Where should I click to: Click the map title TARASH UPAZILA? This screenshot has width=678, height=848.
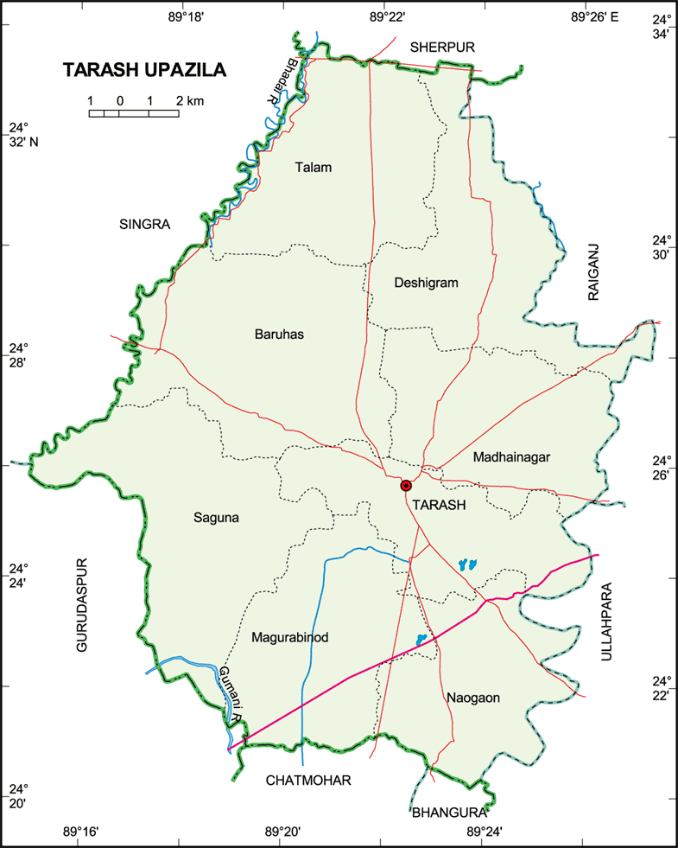click(x=144, y=71)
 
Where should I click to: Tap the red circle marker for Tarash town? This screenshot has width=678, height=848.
click(x=406, y=486)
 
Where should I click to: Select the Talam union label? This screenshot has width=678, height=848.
click(x=313, y=168)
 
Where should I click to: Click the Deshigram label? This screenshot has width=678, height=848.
click(x=426, y=283)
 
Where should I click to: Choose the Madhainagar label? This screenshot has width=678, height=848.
click(x=511, y=457)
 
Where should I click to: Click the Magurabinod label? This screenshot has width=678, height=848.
click(x=290, y=638)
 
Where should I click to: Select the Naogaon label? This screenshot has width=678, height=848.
click(x=473, y=697)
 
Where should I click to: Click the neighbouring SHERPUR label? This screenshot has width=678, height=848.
click(x=443, y=47)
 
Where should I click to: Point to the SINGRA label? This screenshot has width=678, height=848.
click(x=144, y=225)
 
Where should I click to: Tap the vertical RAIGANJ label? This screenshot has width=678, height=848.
click(x=593, y=271)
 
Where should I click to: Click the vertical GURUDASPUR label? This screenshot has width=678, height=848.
click(x=80, y=604)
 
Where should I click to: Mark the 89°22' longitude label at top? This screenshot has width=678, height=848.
click(x=387, y=15)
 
